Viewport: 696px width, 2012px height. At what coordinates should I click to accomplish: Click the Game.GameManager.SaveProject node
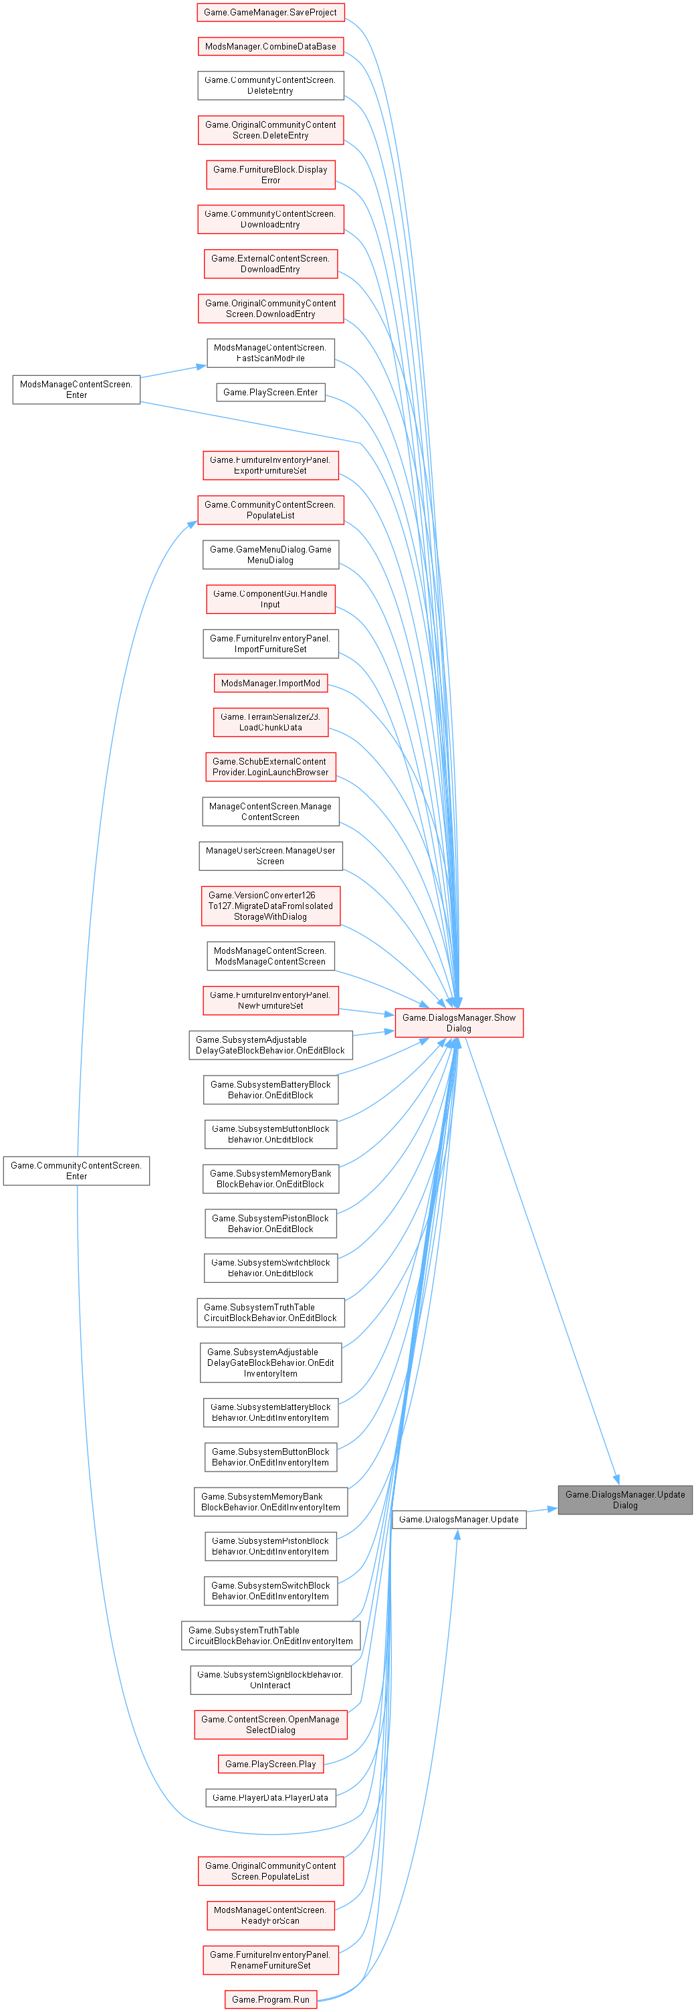coord(270,13)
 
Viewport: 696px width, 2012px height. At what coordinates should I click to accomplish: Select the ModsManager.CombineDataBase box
coord(270,47)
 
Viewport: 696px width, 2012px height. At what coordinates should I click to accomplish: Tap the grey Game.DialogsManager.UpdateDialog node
coord(625,1500)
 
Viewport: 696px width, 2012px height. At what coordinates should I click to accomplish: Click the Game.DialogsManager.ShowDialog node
coord(459,1023)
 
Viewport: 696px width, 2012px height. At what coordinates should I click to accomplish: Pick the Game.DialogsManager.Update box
coord(459,1519)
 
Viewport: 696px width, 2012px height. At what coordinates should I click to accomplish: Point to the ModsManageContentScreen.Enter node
coord(76,390)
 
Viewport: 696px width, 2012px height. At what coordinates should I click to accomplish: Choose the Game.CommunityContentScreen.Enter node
coord(76,1171)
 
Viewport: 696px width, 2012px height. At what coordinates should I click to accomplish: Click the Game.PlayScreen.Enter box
coord(270,392)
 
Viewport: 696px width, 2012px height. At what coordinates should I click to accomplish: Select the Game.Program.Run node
coord(270,1999)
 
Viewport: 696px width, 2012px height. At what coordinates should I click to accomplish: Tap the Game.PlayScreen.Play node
coord(270,1764)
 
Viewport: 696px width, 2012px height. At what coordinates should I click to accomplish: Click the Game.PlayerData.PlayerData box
coord(270,1797)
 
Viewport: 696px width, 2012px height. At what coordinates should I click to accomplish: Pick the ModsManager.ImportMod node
coord(270,684)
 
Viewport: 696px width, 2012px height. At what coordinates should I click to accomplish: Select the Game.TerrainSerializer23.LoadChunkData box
coord(270,722)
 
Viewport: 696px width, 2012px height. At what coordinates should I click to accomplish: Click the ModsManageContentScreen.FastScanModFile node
coord(270,353)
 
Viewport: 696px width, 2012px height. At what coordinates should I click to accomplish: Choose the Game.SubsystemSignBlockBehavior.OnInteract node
coord(270,1680)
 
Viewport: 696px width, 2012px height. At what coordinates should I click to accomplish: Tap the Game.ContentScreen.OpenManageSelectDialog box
coord(270,1724)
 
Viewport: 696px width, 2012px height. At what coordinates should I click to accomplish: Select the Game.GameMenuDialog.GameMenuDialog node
coord(270,555)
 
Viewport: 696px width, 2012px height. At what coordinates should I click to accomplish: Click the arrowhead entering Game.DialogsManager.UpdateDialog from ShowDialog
coord(616,1480)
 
